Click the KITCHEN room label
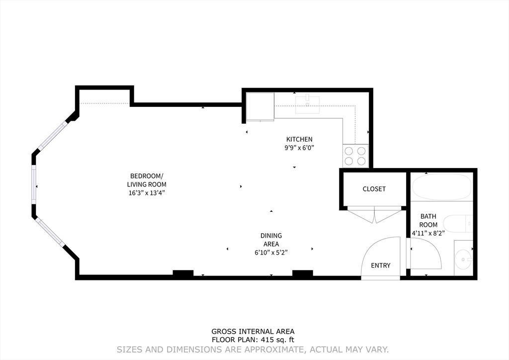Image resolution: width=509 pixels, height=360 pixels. coord(299,139)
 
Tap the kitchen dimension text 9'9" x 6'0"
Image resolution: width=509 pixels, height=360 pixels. coord(299,148)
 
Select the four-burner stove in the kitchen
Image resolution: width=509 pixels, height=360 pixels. coord(355,156)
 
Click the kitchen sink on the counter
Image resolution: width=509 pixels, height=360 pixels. coord(307,104)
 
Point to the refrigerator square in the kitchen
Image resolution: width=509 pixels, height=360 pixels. coord(260,106)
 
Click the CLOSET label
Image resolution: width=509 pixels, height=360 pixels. coord(374,189)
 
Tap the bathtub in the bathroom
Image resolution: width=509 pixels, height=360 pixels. coord(441,187)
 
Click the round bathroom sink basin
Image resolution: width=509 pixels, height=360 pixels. coord(463,259)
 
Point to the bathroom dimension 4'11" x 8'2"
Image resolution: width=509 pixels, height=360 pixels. coord(428,233)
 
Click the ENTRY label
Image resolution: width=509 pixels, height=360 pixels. coord(380,266)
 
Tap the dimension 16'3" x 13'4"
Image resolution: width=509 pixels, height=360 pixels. coord(147,193)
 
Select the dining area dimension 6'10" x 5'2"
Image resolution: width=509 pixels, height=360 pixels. coord(271,253)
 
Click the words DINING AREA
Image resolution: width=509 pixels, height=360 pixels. coord(271,240)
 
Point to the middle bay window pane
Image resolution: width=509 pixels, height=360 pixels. coord(34,184)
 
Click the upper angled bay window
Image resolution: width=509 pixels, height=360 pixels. coord(53,136)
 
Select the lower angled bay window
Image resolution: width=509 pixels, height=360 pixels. coord(50,232)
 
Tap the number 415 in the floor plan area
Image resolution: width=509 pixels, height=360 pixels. coord(265,340)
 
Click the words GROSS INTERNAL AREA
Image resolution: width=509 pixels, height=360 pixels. coord(253,332)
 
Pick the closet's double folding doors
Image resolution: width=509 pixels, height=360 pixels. coord(375,215)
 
